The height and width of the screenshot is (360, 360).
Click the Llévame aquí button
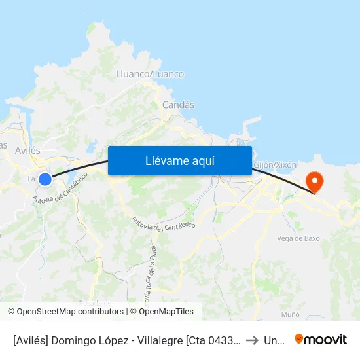pyautogui.click(x=179, y=160)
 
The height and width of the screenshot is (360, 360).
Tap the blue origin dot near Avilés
pyautogui.click(x=45, y=179)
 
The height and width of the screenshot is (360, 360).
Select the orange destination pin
pyautogui.click(x=314, y=181)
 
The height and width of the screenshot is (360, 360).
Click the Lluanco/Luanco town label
pyautogui.click(x=149, y=74)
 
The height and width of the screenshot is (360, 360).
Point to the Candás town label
pyautogui.click(x=178, y=105)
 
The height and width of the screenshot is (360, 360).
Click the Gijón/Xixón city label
pyautogui.click(x=275, y=165)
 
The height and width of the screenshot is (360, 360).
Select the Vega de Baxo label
pyautogui.click(x=298, y=238)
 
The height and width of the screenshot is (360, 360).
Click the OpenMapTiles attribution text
pyautogui.click(x=164, y=312)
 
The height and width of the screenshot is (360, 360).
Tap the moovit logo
pyautogui.click(x=321, y=340)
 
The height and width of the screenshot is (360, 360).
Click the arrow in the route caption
pyautogui.click(x=252, y=340)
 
